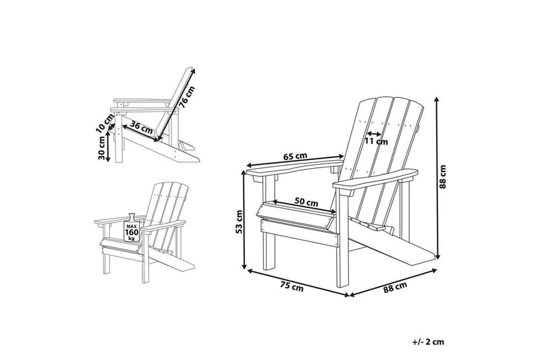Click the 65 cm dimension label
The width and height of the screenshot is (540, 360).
(x=295, y=157)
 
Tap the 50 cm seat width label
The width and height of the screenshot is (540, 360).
(x=307, y=202)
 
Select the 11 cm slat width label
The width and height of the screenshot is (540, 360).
(x=376, y=142)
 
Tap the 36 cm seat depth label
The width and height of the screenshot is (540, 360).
(x=141, y=126)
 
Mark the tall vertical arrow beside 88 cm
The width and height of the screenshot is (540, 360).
(x=439, y=177)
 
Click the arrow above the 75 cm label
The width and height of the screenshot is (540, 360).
(x=297, y=282)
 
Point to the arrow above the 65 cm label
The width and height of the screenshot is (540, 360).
(x=295, y=162)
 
